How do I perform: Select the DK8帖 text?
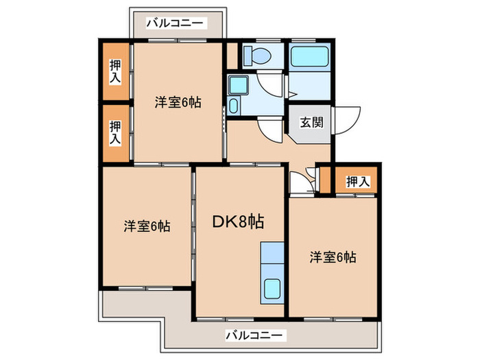239,221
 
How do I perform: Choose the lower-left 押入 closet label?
116,131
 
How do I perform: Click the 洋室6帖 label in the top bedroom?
178,103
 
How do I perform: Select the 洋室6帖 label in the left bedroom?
147,226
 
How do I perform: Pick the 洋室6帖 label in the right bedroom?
332,257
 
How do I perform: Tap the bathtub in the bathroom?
309,56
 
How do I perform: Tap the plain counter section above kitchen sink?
273,258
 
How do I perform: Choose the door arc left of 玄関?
270,130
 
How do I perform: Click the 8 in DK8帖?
243,221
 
